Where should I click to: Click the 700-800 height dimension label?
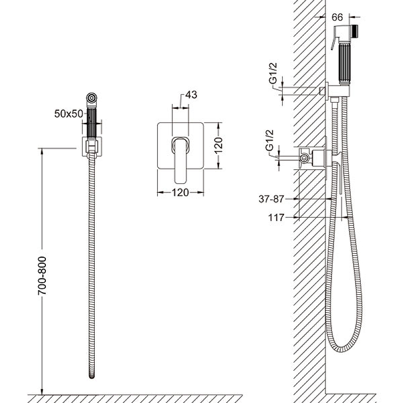click(x=42, y=276)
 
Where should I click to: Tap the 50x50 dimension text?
click(x=69, y=114)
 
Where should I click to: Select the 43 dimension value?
click(x=191, y=95)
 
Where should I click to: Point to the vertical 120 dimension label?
click(x=219, y=146)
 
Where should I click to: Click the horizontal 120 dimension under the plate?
click(x=180, y=192)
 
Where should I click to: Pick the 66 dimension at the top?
click(x=337, y=17)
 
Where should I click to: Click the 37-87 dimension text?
click(x=272, y=199)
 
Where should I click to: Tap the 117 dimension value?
click(x=276, y=218)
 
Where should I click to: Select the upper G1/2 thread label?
click(x=273, y=73)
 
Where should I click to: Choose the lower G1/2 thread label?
click(x=270, y=141)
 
